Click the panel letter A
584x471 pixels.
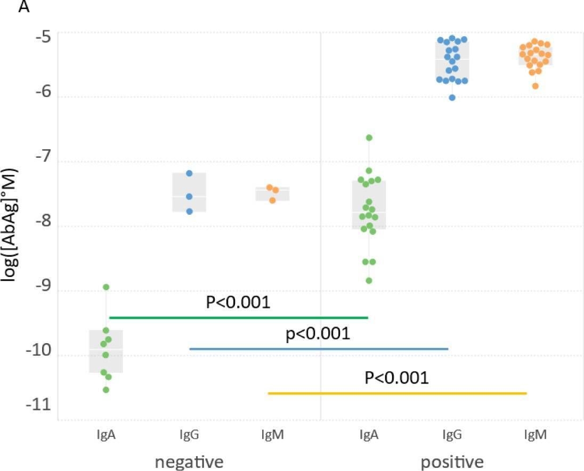23,7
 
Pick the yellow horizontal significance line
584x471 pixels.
397,393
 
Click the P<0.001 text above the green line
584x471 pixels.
238,303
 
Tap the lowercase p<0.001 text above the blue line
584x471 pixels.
318,334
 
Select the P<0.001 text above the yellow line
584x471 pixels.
397,378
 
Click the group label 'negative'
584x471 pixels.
189,461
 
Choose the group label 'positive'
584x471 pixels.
452,461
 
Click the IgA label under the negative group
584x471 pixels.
106,435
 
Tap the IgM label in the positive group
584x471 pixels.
536,435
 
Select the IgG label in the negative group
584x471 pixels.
189,435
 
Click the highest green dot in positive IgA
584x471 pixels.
369,138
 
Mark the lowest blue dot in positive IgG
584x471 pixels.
452,98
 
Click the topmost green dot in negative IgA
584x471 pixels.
106,287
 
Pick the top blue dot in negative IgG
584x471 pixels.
189,173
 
